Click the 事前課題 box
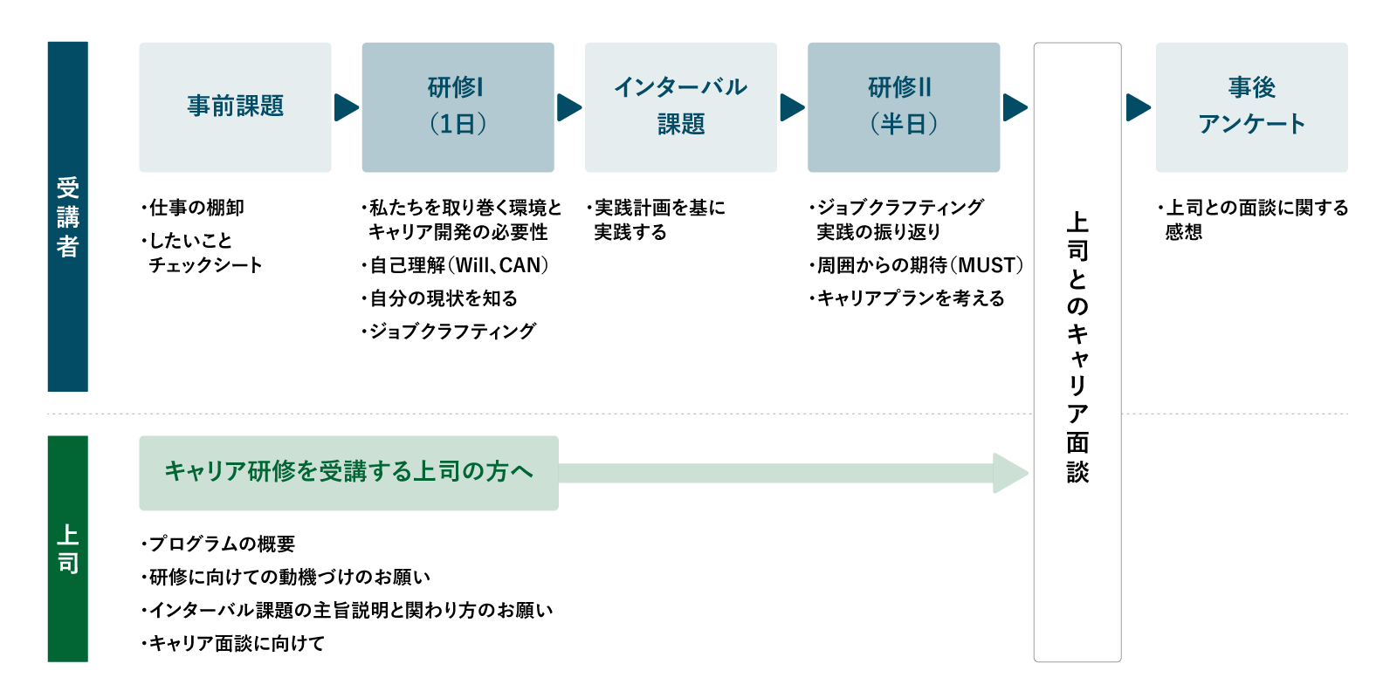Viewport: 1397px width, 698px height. (235, 107)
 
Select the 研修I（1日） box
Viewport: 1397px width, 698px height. (458, 107)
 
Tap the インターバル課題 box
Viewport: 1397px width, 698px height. (681, 107)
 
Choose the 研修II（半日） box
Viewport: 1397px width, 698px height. (904, 107)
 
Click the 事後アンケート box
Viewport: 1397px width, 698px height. (1252, 107)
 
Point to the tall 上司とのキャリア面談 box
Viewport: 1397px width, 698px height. (1077, 352)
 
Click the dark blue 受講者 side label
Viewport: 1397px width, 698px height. (68, 217)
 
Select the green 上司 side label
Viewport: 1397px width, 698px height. (68, 549)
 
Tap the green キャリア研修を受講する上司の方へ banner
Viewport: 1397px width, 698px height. (348, 473)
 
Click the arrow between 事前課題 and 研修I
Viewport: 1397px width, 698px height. (346, 108)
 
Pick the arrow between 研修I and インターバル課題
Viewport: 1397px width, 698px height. (568, 108)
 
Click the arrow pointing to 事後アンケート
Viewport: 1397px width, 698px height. (1139, 108)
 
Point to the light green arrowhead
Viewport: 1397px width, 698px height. (1009, 473)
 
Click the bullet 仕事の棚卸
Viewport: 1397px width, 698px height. (193, 208)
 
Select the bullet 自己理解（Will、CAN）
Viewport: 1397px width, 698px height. (456, 265)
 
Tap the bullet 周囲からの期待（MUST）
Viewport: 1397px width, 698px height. (917, 265)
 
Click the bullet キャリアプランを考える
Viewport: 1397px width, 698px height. (907, 298)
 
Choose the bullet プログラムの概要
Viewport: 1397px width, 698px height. (218, 544)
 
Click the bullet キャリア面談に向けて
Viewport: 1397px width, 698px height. (233, 643)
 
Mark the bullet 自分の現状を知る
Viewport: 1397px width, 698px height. (440, 298)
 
